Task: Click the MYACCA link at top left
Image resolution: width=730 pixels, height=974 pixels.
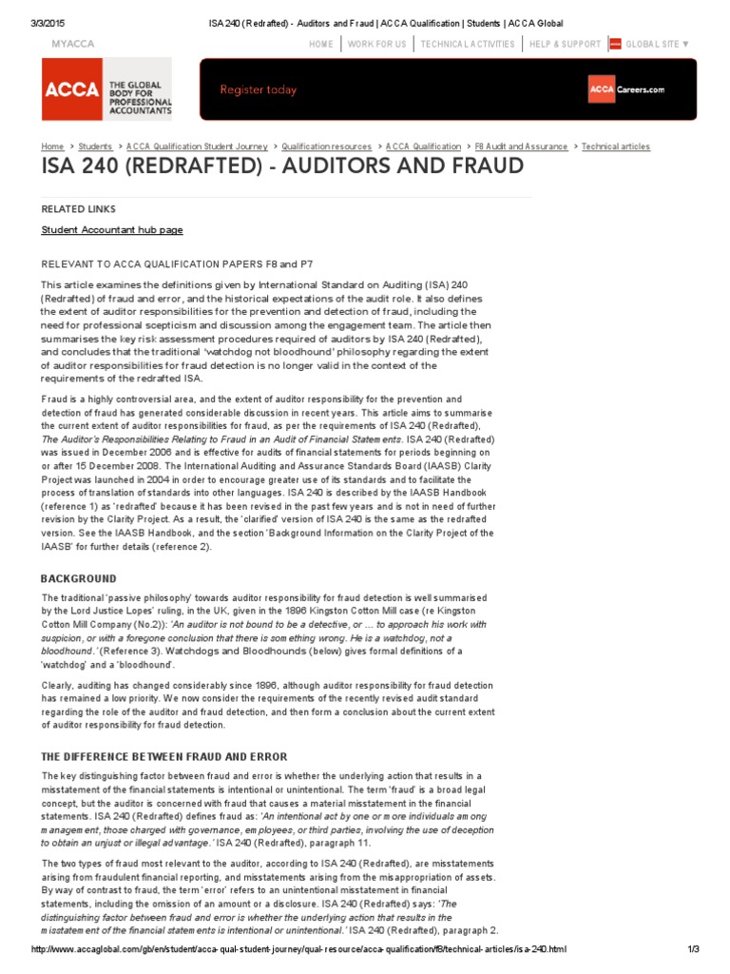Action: [72, 44]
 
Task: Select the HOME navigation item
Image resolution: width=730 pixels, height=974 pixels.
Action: [321, 44]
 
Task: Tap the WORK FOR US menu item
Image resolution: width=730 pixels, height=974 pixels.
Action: [376, 44]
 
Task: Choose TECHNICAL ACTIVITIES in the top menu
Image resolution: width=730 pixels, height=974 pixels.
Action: [467, 44]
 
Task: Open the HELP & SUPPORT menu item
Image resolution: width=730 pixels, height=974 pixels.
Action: [565, 44]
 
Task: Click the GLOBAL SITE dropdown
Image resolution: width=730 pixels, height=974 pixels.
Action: [657, 44]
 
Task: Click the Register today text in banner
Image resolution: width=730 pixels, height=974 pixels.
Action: [259, 89]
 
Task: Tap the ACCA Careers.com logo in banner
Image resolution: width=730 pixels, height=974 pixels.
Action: [626, 89]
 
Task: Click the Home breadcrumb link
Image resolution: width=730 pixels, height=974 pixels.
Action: [52, 146]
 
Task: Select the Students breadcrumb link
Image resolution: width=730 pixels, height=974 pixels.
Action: [95, 146]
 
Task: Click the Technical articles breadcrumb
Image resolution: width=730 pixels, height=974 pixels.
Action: [616, 146]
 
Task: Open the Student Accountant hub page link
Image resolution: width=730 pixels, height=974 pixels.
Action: [112, 229]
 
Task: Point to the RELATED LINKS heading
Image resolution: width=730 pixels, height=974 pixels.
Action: [78, 208]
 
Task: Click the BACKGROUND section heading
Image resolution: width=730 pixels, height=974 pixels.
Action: [78, 578]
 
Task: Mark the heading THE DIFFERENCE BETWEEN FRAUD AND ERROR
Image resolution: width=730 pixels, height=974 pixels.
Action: [163, 756]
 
